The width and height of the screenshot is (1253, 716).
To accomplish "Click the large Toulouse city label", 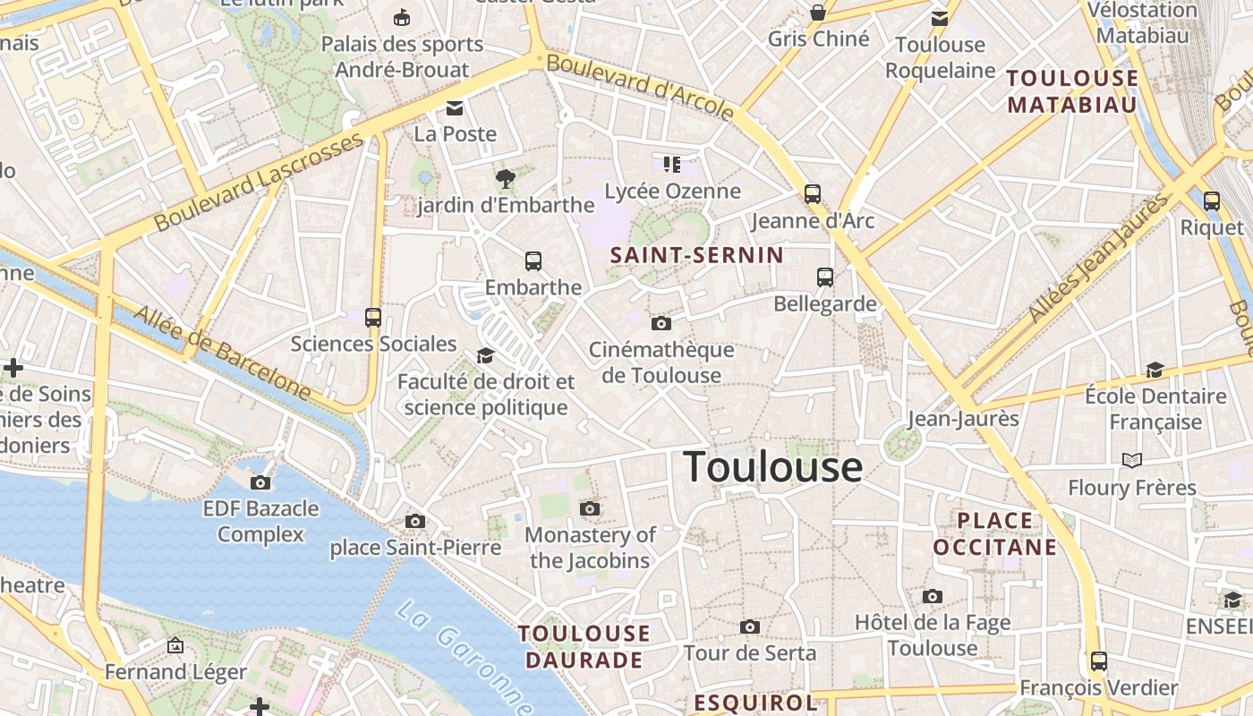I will [772, 467].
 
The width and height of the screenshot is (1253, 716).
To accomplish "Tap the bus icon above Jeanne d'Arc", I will [813, 193].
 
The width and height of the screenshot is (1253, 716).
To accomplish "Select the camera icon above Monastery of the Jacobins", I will [589, 508].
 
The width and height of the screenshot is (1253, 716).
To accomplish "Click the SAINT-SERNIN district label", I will [696, 255].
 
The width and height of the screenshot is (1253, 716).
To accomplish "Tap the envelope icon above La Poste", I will [455, 108].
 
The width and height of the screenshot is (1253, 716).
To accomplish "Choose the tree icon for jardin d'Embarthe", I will [506, 179].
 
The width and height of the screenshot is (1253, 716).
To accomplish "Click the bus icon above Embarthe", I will [533, 261].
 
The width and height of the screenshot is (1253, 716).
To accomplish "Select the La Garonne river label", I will [465, 658].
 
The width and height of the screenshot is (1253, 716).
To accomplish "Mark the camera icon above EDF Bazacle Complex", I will [260, 482].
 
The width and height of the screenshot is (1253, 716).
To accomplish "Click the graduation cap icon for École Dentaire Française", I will [1155, 370].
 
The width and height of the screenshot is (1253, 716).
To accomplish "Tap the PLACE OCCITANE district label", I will [995, 533].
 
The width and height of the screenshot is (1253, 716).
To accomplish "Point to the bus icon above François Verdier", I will [1099, 661].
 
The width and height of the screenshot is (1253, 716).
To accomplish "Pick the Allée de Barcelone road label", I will [222, 353].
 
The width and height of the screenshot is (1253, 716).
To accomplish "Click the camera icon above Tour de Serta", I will [750, 626].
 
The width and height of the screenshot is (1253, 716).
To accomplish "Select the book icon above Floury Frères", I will [1132, 460].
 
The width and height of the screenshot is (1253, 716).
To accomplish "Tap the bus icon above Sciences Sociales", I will [373, 317].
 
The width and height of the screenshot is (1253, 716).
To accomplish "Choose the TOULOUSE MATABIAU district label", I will [1072, 91].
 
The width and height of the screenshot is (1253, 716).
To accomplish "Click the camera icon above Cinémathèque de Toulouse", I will [661, 323].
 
